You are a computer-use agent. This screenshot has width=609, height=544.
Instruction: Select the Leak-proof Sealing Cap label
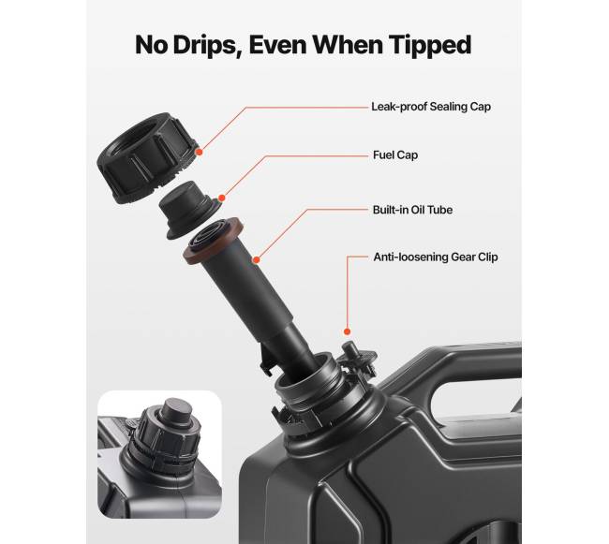(431, 107)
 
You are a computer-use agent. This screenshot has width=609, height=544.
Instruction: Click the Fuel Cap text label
(395, 154)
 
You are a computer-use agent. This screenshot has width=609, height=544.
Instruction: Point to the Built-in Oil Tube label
(412, 210)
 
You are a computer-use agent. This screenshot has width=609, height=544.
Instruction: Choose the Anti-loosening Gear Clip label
(436, 257)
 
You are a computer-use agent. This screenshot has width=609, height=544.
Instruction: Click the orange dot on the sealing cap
(200, 152)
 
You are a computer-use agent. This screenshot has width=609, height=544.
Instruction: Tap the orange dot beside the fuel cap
(221, 198)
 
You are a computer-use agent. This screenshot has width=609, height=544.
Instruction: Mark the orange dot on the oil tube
(256, 259)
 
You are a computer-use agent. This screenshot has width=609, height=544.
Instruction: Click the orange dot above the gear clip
(348, 331)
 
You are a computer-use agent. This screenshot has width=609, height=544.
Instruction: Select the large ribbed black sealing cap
(146, 157)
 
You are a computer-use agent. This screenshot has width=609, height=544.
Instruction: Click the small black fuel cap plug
(189, 210)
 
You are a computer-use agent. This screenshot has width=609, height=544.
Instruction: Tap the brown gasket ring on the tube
(214, 241)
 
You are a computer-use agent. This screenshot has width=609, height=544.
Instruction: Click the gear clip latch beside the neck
(358, 359)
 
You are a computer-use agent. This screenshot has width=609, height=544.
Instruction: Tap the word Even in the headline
(278, 45)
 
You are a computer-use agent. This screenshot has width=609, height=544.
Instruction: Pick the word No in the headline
(152, 45)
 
